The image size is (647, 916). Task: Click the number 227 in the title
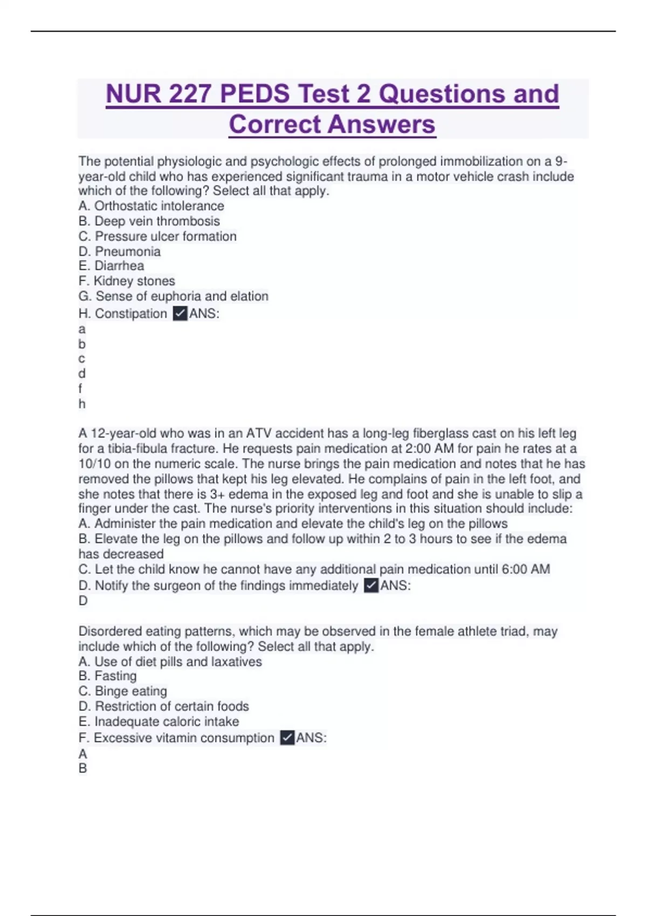(x=189, y=94)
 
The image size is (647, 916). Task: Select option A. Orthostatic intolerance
(x=151, y=206)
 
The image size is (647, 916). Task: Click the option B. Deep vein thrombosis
(x=149, y=221)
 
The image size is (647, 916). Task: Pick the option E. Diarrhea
(x=111, y=266)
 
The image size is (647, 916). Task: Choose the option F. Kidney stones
(x=127, y=281)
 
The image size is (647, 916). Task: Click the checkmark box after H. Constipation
(x=180, y=314)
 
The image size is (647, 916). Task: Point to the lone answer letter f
(x=80, y=388)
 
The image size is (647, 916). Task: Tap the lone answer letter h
(x=82, y=404)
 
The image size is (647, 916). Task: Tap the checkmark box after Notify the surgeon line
(x=371, y=586)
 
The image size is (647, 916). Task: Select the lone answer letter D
(x=83, y=600)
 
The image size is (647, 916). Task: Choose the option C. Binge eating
(x=123, y=691)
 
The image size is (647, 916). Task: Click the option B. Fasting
(x=108, y=676)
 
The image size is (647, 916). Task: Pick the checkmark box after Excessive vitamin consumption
(x=287, y=738)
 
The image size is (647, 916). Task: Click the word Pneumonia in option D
(x=128, y=251)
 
